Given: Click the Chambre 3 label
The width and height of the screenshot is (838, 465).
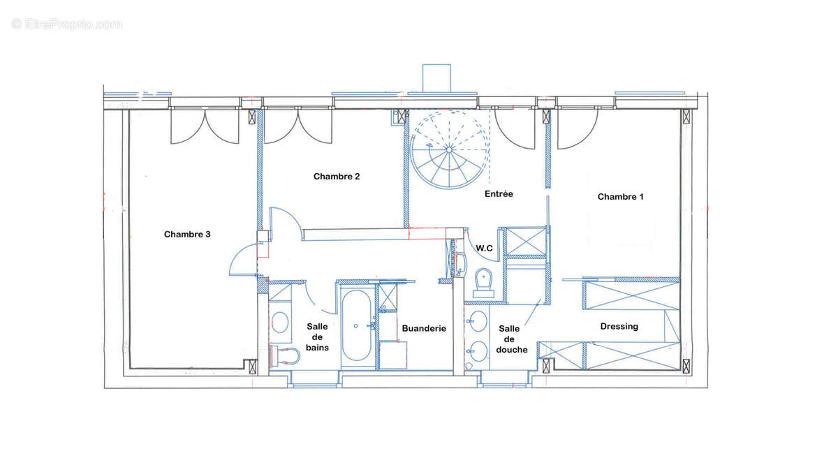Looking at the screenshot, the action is (187, 234).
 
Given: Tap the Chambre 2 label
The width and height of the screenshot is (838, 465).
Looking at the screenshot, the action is (337, 176).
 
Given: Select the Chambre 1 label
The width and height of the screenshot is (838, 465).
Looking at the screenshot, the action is (620, 196).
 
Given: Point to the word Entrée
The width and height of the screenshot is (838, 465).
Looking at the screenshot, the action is (499, 194).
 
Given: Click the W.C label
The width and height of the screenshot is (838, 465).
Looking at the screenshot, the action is (484, 248).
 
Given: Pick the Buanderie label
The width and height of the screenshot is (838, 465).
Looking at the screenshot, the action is (424, 328).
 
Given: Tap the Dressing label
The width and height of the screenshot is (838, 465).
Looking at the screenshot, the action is (619, 327).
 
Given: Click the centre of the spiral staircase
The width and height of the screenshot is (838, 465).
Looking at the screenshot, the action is (449, 150).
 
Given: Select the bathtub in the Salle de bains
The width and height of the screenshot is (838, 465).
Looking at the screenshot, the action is (357, 325).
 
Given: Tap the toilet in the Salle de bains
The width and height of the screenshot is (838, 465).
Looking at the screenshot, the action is (284, 356).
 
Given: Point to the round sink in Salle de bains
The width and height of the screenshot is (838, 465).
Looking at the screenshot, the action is (279, 322).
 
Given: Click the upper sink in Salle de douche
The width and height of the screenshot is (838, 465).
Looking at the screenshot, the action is (478, 321).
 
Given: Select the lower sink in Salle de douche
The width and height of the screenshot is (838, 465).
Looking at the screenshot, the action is (478, 351).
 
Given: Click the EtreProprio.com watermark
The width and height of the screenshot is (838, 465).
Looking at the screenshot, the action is (66, 24).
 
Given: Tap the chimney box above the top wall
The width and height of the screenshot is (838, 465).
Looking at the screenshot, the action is (436, 77).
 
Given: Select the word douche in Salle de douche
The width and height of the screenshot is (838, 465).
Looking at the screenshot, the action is (511, 350).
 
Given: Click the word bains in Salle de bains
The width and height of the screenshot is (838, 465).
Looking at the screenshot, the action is (317, 348).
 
